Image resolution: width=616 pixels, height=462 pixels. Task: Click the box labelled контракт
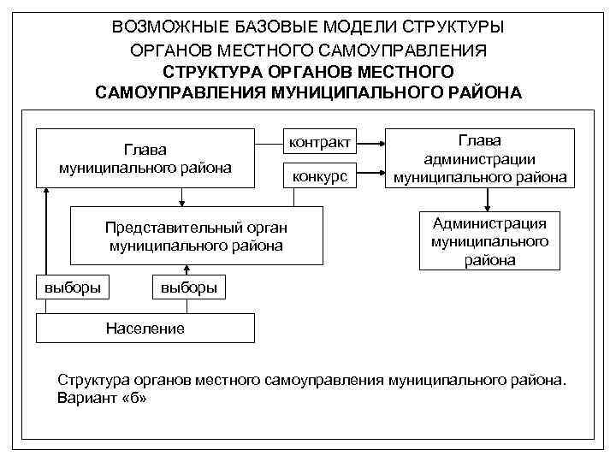[x=319, y=142]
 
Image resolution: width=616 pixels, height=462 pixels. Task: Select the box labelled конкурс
[x=319, y=176]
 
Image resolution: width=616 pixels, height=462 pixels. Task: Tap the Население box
[x=145, y=328]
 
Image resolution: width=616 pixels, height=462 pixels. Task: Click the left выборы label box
[x=73, y=287]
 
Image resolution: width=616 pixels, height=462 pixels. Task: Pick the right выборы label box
[x=189, y=287]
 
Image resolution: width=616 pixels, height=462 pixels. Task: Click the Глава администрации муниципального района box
[x=480, y=158]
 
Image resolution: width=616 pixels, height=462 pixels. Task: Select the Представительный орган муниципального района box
[x=196, y=236]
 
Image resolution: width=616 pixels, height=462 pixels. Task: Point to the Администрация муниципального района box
[x=489, y=241]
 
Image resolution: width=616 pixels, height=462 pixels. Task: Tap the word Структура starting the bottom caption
[x=91, y=378]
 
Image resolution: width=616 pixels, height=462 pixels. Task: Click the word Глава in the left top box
[x=145, y=150]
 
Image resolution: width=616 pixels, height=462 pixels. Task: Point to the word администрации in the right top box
[x=480, y=158]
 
